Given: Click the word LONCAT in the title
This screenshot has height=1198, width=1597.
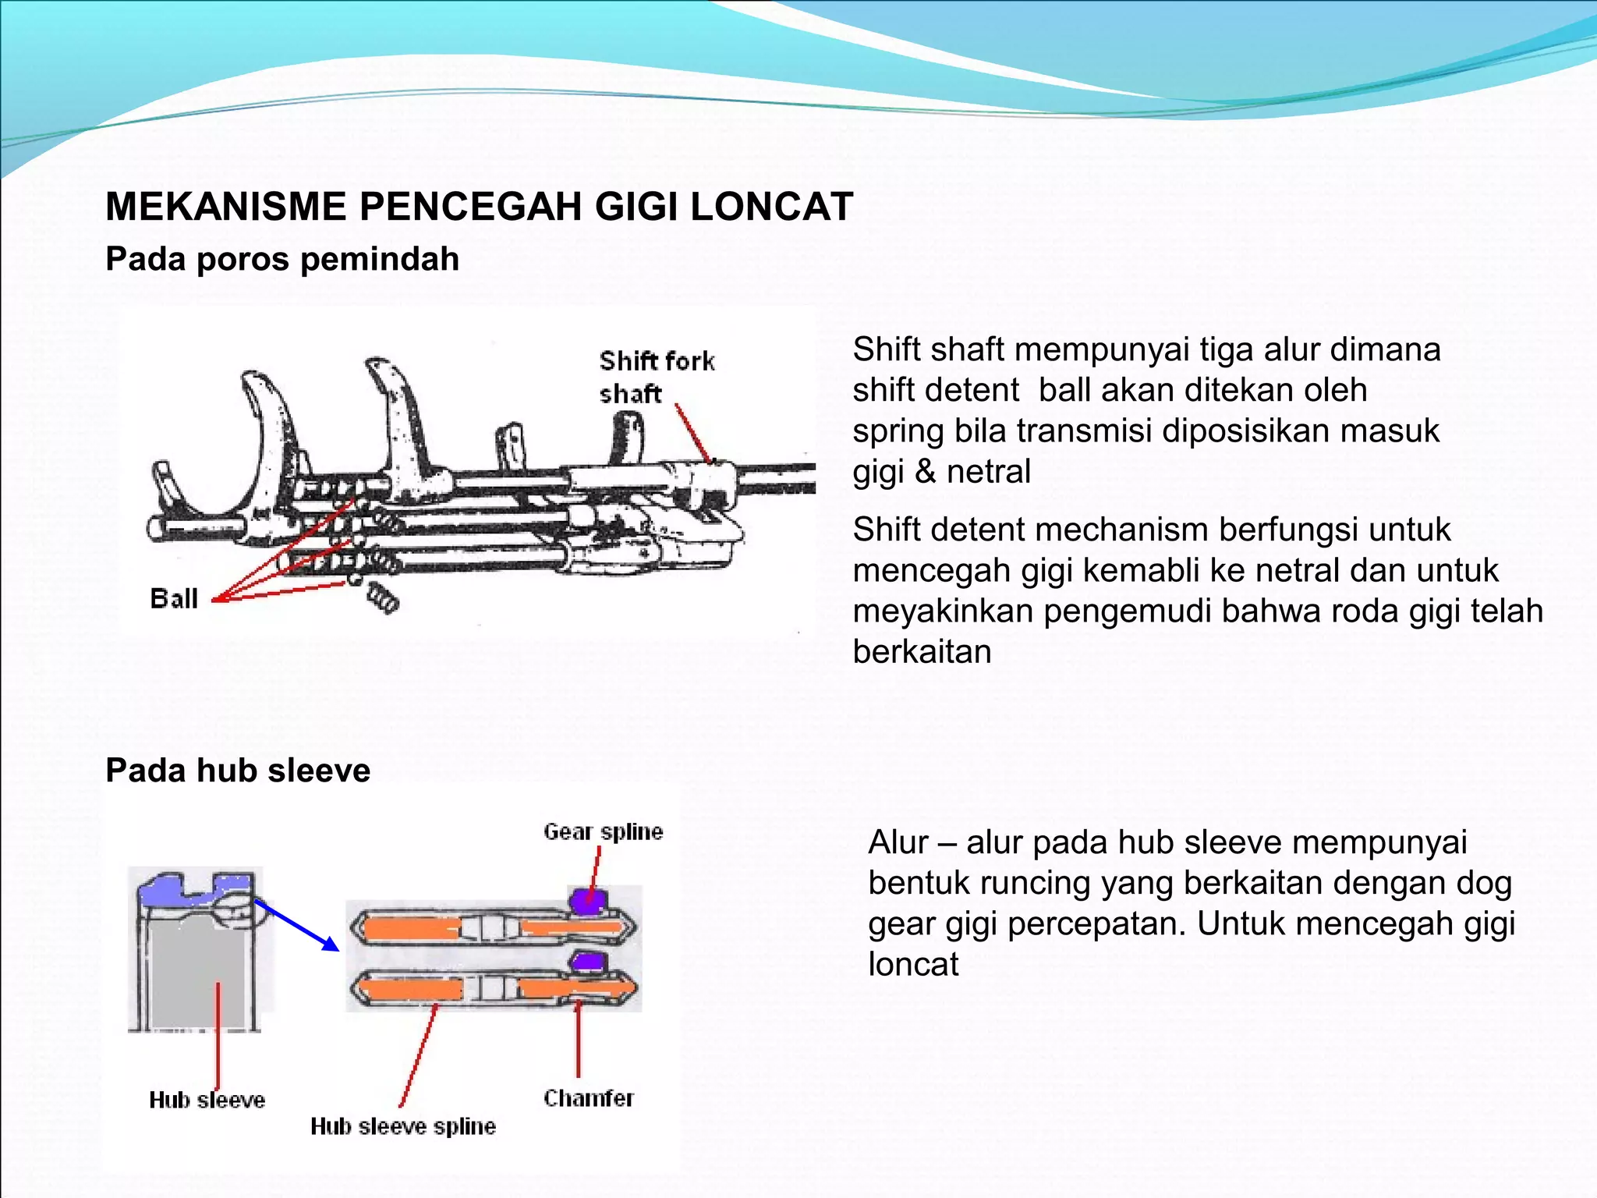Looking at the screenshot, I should (771, 207).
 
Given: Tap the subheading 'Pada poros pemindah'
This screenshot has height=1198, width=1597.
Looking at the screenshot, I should (282, 259).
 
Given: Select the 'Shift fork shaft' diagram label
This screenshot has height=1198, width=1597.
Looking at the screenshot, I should (657, 377).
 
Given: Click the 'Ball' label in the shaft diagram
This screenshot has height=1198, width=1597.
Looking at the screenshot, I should (174, 598).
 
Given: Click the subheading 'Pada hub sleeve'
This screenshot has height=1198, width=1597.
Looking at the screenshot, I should (238, 771).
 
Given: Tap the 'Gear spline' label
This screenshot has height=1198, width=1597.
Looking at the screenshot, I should (603, 831).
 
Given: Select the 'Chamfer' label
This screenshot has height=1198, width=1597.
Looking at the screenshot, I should (589, 1098).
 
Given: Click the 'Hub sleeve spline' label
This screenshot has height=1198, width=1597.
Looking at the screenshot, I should (402, 1126).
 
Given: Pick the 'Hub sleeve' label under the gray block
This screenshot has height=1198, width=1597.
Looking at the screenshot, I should (207, 1100).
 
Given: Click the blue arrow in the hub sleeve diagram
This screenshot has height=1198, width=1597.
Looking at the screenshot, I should (297, 926).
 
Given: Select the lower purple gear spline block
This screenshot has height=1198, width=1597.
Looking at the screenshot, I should (589, 961).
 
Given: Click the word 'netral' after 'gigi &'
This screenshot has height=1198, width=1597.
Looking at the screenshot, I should (988, 472).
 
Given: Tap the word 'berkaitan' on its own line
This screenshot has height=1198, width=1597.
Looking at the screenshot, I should (922, 652).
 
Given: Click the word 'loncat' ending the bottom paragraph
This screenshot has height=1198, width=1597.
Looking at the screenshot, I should (913, 965).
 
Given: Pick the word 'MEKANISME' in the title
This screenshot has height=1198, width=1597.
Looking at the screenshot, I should (226, 207).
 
